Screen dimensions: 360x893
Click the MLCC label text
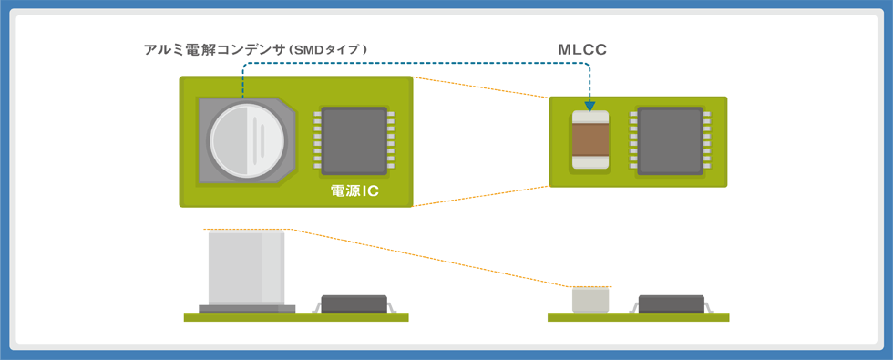click(582, 49)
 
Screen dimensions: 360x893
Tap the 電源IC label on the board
click(354, 191)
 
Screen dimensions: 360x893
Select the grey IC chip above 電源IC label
click(354, 141)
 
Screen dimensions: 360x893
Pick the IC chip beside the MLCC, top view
click(670, 141)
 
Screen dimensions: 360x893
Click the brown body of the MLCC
click(590, 140)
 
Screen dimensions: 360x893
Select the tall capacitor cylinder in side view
click(245, 267)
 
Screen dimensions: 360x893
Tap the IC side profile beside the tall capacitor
click(354, 304)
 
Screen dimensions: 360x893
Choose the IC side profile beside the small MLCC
click(671, 304)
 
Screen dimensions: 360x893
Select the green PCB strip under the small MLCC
click(638, 317)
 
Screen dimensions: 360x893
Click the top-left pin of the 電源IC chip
click(317, 114)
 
